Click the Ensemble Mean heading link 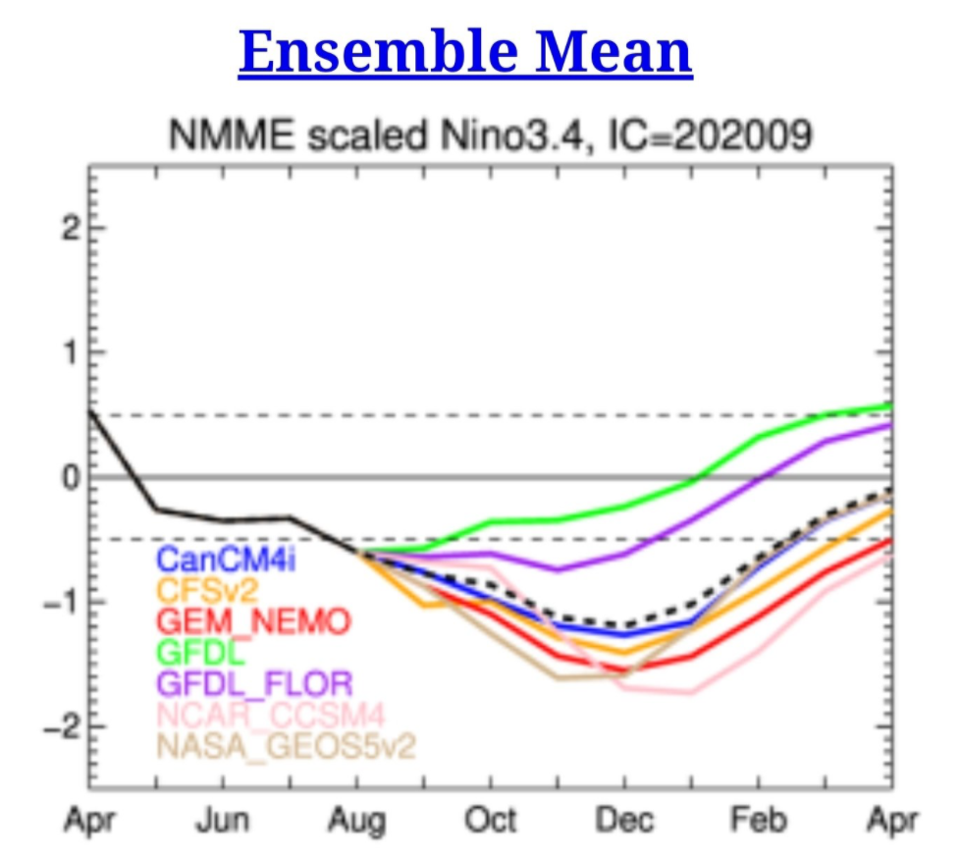[x=465, y=52]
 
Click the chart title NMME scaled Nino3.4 [x=491, y=135]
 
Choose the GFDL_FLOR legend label [x=254, y=682]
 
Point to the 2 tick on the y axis [x=68, y=228]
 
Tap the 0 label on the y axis [x=68, y=477]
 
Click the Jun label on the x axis [x=222, y=820]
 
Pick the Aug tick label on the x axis [x=357, y=820]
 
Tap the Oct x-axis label [x=491, y=820]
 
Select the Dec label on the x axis [x=623, y=820]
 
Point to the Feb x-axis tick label [x=758, y=820]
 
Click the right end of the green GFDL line [x=889, y=404]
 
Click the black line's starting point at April [x=90, y=410]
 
